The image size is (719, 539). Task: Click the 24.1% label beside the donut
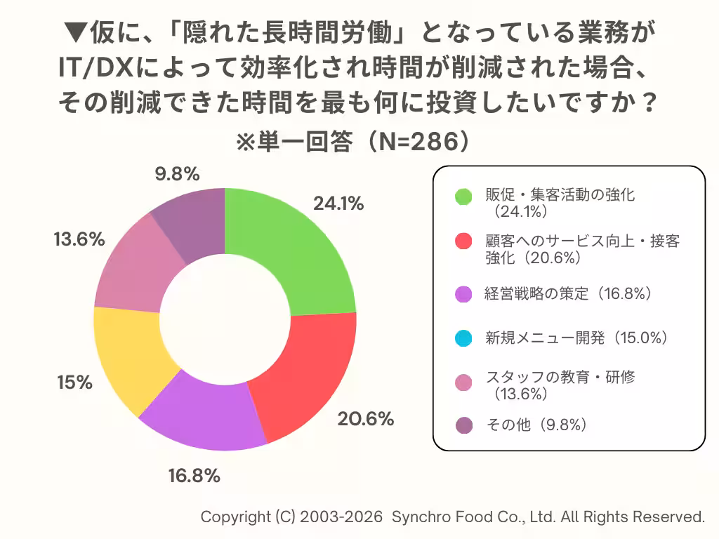coord(338,204)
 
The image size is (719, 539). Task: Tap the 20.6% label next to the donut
coord(365,419)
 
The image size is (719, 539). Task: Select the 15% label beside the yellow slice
coord(74,382)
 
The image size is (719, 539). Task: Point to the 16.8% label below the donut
coord(194,476)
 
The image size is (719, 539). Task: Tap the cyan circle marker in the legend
coord(463,338)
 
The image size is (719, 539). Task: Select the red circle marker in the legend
coord(463,241)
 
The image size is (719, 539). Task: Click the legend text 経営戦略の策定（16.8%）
coord(569,294)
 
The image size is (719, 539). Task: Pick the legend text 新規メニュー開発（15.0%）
coord(576,338)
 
